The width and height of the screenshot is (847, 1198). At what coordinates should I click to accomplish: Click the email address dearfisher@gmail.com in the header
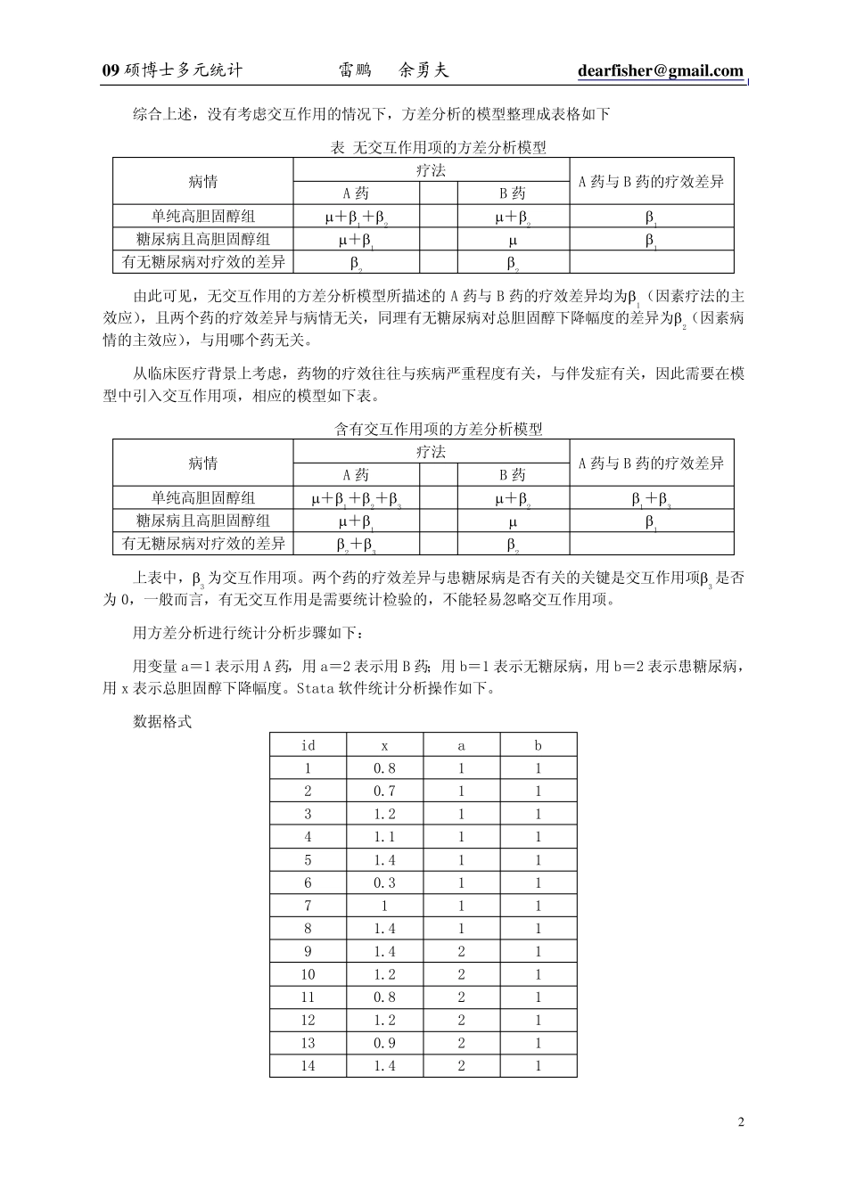click(660, 71)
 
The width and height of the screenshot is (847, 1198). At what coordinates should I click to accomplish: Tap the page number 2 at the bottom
click(741, 1121)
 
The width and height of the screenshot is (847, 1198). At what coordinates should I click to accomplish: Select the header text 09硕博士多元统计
click(173, 71)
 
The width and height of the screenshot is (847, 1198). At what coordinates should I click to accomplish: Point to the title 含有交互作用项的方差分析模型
click(438, 429)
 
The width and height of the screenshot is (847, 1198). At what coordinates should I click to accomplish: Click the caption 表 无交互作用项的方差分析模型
click(438, 147)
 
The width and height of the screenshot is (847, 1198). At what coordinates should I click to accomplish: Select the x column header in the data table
click(384, 745)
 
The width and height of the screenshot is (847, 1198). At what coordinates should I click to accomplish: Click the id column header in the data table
click(308, 745)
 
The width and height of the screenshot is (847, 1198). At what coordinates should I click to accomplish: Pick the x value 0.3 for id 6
click(384, 882)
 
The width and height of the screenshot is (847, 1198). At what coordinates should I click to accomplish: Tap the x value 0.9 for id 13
click(384, 1043)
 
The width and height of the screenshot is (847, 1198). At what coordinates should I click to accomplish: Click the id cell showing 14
click(308, 1066)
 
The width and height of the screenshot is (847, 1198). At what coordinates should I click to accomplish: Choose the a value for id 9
click(461, 951)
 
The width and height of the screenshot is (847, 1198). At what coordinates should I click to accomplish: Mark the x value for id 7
click(384, 906)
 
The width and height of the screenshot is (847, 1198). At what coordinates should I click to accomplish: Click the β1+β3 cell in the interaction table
click(651, 498)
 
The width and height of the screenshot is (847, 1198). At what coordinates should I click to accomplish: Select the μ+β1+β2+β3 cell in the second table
click(356, 498)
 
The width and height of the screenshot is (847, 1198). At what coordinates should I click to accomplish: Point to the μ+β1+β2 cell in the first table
click(356, 217)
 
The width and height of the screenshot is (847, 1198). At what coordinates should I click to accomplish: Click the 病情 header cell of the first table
click(202, 182)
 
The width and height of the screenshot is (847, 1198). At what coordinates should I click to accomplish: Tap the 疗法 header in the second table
click(431, 452)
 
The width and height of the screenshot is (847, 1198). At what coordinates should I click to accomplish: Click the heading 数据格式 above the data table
click(161, 721)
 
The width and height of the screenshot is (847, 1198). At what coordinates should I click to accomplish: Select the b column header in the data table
click(538, 745)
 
